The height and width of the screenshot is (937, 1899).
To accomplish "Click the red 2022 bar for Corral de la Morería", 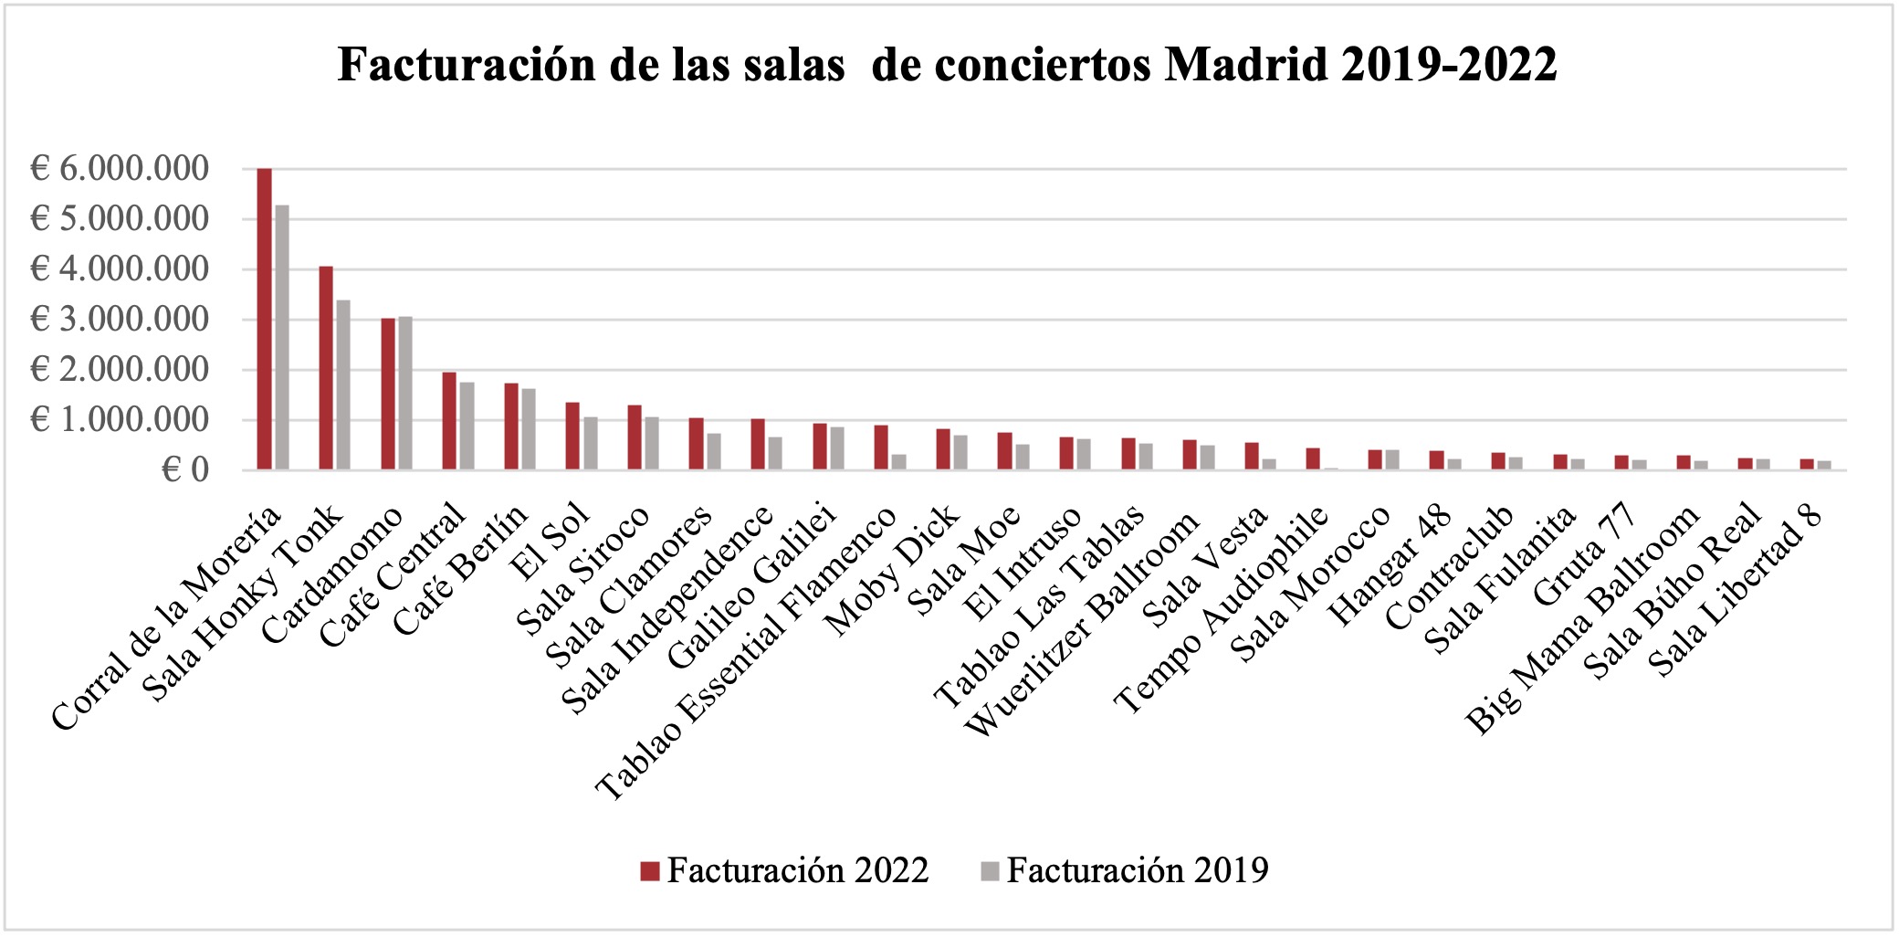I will click(264, 320).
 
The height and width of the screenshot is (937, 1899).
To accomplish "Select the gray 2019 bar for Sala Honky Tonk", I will click(343, 385).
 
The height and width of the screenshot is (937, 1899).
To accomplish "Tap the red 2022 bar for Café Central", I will click(449, 421).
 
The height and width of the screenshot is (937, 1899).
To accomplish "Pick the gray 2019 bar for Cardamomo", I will click(405, 394).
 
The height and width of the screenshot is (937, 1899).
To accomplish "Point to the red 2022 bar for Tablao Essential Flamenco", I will click(881, 447).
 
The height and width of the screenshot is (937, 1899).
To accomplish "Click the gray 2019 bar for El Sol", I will click(591, 444).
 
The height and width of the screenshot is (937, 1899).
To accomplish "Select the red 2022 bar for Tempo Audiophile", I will click(1313, 459).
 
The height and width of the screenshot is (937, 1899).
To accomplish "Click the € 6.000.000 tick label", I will click(120, 169).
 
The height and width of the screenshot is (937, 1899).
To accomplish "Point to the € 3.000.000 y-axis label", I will click(120, 320).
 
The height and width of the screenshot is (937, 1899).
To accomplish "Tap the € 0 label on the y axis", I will click(185, 470).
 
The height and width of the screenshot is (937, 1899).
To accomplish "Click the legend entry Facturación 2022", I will click(784, 871).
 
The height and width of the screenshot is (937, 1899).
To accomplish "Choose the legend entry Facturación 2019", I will click(1125, 871).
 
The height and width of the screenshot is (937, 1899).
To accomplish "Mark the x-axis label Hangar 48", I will click(1390, 565).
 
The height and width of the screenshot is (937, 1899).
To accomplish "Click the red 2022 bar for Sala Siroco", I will click(634, 437).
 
